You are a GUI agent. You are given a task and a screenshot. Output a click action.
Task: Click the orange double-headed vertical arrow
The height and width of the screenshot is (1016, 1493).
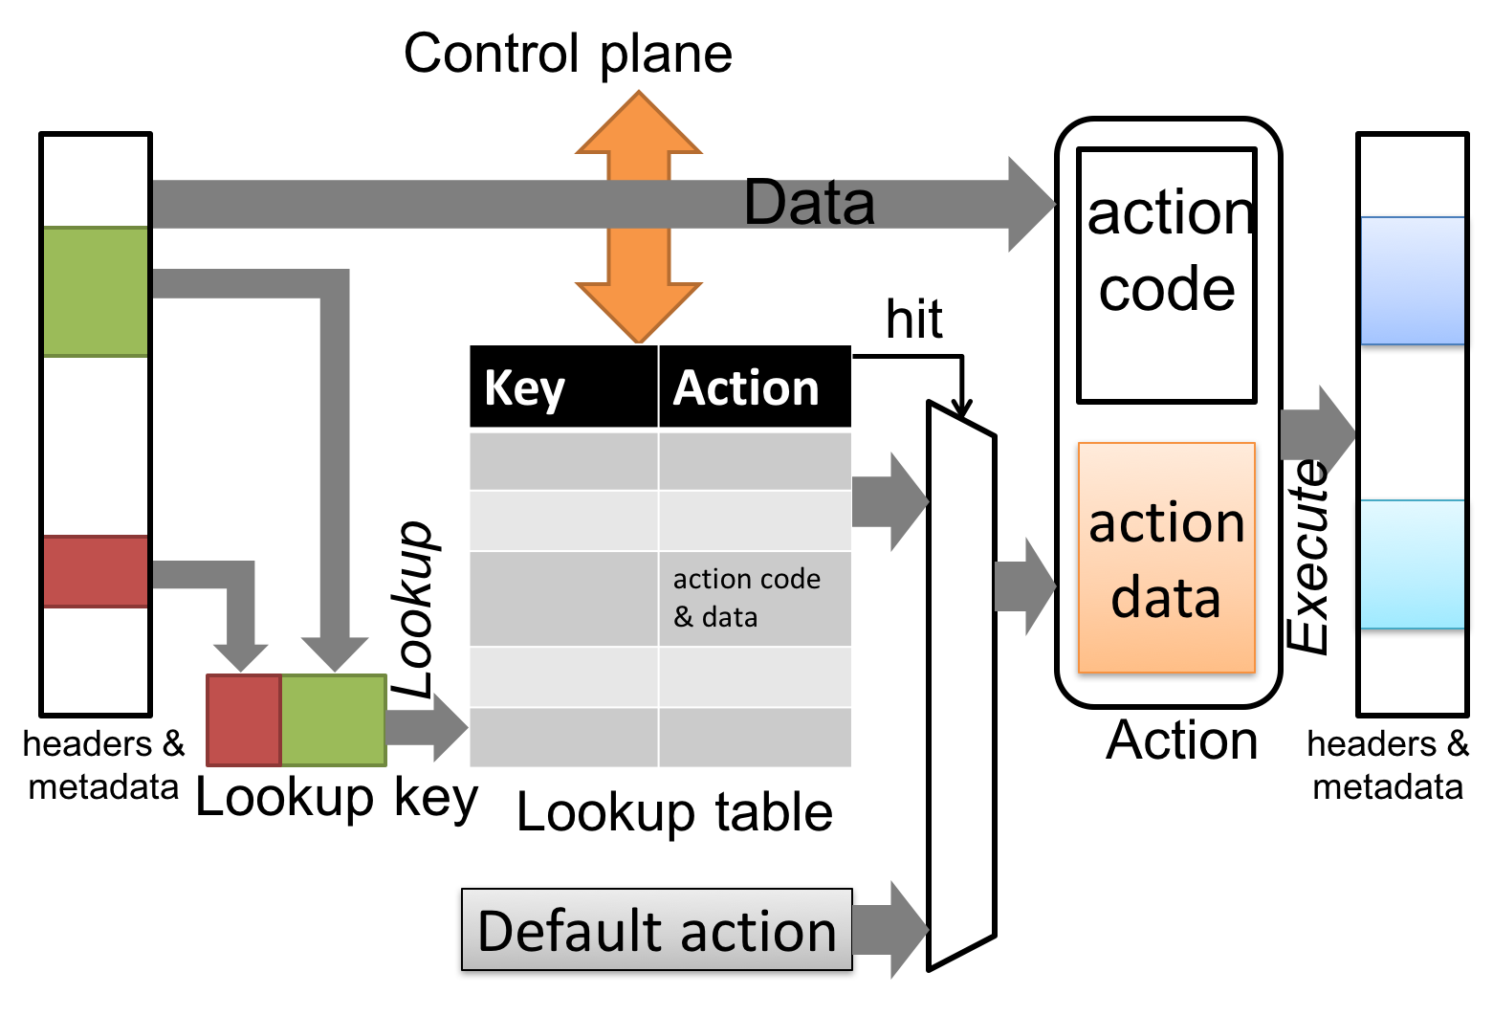[x=639, y=217]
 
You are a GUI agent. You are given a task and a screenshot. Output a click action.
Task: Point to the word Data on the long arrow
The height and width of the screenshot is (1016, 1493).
[x=809, y=204]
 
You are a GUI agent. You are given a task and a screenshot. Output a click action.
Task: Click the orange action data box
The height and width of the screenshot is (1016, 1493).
[x=1166, y=558]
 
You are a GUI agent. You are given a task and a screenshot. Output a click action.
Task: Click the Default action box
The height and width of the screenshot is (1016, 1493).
[x=657, y=930]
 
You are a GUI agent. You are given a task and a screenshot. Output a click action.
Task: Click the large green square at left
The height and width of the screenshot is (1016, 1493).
[x=96, y=292]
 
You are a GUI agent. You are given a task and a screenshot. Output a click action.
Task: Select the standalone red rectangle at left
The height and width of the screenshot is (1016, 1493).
[x=96, y=571]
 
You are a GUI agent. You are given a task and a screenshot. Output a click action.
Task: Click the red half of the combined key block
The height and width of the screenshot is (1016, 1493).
[x=244, y=720]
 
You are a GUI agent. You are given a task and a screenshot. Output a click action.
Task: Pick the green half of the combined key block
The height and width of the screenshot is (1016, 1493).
[x=334, y=720]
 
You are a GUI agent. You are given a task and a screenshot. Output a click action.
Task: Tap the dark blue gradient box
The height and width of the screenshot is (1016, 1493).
[x=1412, y=280]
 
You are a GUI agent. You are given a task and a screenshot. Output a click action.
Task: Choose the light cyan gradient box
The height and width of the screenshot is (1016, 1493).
[x=1412, y=564]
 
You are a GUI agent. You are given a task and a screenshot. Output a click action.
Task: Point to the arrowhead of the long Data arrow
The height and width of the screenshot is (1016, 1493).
[x=1031, y=204]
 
